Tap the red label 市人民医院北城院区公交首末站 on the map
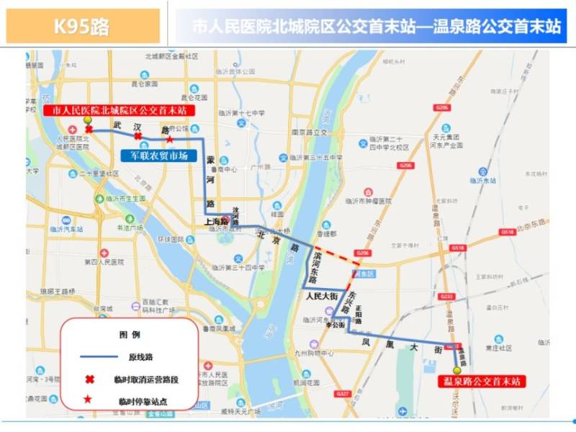pos(116,110)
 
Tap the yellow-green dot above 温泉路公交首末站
pos(455,369)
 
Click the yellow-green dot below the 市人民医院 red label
pos(88,121)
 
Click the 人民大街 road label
pos(321,295)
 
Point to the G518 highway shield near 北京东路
pos(507,232)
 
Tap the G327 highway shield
pos(342,394)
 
